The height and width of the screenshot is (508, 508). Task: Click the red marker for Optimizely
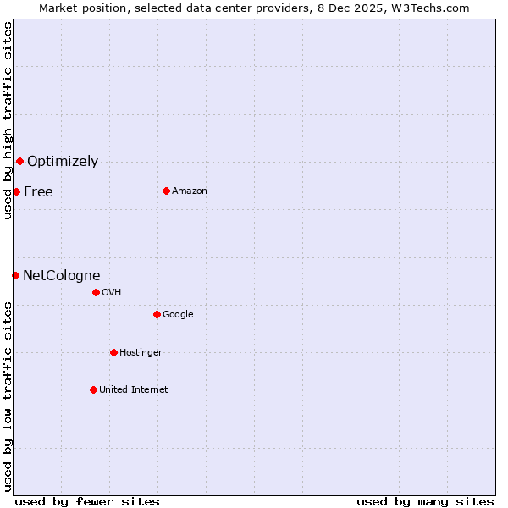click(x=19, y=161)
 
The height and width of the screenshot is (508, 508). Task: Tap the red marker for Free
click(x=16, y=191)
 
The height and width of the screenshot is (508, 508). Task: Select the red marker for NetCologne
click(x=15, y=275)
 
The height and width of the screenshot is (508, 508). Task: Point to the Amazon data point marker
click(x=166, y=190)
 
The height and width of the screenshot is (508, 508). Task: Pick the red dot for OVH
click(x=96, y=292)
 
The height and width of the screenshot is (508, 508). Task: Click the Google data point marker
click(x=157, y=314)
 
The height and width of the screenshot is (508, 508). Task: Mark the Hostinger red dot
click(x=113, y=352)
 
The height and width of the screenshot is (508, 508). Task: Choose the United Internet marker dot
click(x=93, y=389)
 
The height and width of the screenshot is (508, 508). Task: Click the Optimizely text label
click(x=63, y=161)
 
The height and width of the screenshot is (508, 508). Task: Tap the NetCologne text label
click(x=62, y=275)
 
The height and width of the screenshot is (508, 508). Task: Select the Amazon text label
click(x=190, y=190)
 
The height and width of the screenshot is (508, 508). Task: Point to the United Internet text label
click(x=134, y=389)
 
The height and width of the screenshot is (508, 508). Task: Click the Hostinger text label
click(x=141, y=352)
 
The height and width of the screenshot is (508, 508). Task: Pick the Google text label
click(x=178, y=314)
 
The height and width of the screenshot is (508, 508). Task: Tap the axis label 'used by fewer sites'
click(x=87, y=501)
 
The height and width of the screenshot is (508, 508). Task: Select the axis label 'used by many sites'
click(x=425, y=501)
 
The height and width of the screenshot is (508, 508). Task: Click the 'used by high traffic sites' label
click(x=8, y=121)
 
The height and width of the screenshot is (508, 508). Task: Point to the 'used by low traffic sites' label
click(x=8, y=395)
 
